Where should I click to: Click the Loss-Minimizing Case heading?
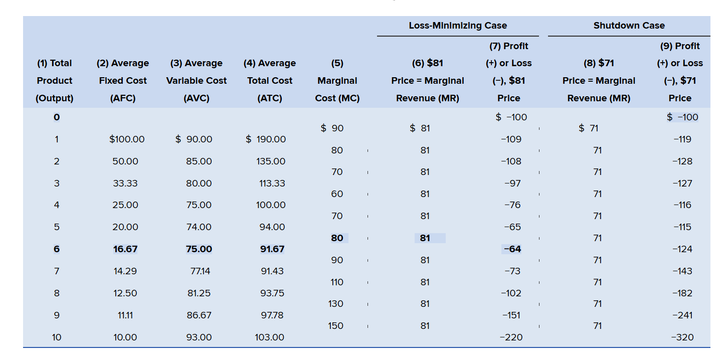[x=458, y=26]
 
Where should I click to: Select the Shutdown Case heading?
[x=629, y=26]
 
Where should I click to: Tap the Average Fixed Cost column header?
[x=123, y=81]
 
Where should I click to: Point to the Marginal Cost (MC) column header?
[x=337, y=89]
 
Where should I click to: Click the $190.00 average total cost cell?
[x=266, y=139]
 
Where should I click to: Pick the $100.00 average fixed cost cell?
[x=127, y=139]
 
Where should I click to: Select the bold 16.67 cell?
[x=125, y=249]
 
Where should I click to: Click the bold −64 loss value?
[x=511, y=249]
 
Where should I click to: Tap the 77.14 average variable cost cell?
[x=199, y=271]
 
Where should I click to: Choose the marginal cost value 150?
[x=336, y=326]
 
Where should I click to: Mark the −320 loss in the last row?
[x=682, y=337]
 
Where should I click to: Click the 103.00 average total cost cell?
[x=270, y=337]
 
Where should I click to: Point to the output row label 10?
[x=57, y=337]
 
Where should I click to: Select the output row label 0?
[x=57, y=117]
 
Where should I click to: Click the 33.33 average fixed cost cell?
[x=125, y=184]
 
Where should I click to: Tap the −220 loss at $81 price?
[x=511, y=337]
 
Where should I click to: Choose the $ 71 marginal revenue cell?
[x=589, y=128]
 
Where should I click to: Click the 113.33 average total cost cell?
[x=272, y=184]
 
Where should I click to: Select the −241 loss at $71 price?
[x=682, y=315]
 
